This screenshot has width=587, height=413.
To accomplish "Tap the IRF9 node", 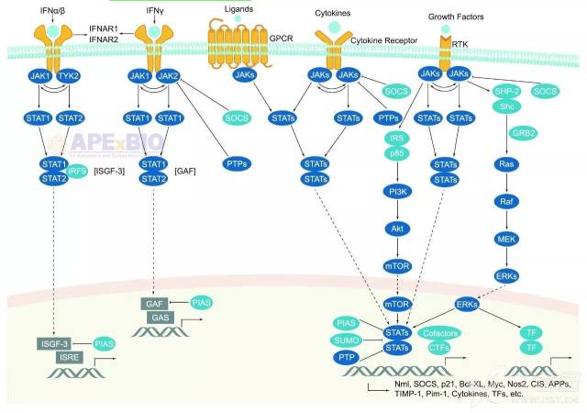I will [76, 171].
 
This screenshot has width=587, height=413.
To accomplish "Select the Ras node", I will [504, 163].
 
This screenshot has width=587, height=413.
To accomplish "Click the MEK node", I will [504, 238].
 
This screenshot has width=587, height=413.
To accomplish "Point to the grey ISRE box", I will [69, 357].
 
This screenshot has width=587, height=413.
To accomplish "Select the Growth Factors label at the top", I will [455, 17].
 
